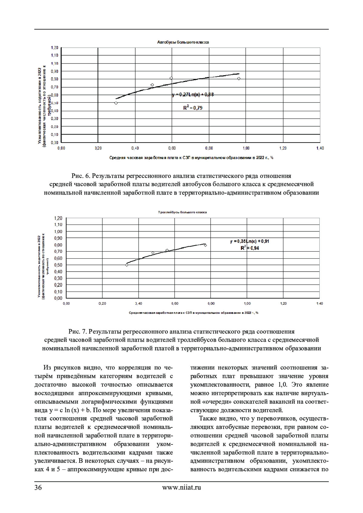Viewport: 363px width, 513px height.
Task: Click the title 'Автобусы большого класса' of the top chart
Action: tap(183, 42)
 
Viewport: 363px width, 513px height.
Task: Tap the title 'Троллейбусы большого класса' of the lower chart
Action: tap(182, 212)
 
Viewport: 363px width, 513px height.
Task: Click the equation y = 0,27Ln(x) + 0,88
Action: tap(193, 95)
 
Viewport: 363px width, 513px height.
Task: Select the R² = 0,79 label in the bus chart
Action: tap(193, 107)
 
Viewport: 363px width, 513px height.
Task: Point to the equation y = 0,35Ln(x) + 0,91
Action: tap(249, 241)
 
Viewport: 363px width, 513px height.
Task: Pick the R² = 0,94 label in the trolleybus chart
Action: tap(250, 248)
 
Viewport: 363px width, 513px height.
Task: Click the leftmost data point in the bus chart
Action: tap(116, 103)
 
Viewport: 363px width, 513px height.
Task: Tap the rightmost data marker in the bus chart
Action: tap(239, 79)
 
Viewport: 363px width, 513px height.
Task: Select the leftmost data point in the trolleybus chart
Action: tap(126, 265)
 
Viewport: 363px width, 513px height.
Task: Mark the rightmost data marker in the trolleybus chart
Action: tap(205, 245)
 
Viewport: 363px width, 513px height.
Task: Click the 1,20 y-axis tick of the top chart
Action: tap(54, 47)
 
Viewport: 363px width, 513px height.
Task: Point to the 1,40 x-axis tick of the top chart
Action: tap(320, 148)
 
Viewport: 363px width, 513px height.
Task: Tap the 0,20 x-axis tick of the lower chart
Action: tap(102, 303)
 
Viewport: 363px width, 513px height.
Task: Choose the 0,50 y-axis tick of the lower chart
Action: tap(58, 265)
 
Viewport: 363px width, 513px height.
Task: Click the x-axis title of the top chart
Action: tap(191, 157)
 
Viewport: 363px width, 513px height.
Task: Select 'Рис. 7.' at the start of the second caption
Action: tap(78, 331)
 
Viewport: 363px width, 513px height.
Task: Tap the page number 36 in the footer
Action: tap(38, 487)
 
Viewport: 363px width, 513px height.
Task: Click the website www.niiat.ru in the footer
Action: tap(181, 487)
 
